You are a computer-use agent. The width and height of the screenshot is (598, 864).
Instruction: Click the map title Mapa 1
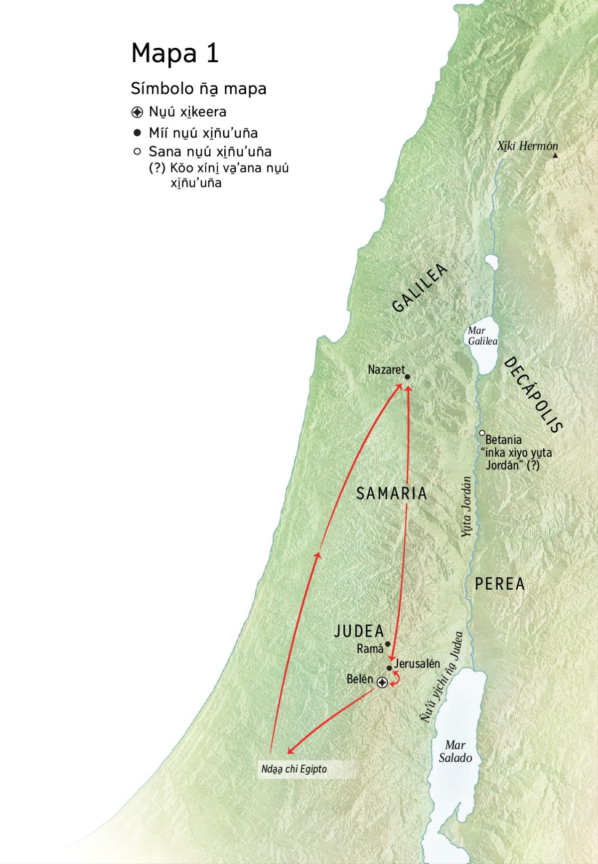(175, 53)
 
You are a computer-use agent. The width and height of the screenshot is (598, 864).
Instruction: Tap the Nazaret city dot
(407, 377)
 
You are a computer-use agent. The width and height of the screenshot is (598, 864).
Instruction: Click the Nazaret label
(386, 370)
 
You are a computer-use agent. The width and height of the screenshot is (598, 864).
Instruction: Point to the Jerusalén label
(417, 664)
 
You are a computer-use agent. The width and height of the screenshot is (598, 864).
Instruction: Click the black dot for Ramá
(388, 644)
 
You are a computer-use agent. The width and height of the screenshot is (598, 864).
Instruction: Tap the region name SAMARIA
(392, 494)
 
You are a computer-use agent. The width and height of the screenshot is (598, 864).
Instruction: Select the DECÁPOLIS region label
(534, 394)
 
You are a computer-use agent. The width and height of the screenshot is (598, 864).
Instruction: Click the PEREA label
(500, 584)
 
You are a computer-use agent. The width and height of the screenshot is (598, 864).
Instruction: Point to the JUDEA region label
(359, 631)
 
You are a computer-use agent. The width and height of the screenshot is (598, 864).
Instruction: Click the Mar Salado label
(455, 751)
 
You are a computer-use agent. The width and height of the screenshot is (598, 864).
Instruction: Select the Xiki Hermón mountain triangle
(556, 155)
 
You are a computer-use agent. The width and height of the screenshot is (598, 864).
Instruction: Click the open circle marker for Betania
(482, 433)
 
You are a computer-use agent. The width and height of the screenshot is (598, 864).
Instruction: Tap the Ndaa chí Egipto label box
(294, 769)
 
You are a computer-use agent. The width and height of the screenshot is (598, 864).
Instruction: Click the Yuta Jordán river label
(466, 507)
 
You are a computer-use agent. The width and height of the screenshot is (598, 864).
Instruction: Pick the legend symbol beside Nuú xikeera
(138, 112)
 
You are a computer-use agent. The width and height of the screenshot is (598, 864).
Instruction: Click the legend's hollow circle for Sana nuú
(138, 151)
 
